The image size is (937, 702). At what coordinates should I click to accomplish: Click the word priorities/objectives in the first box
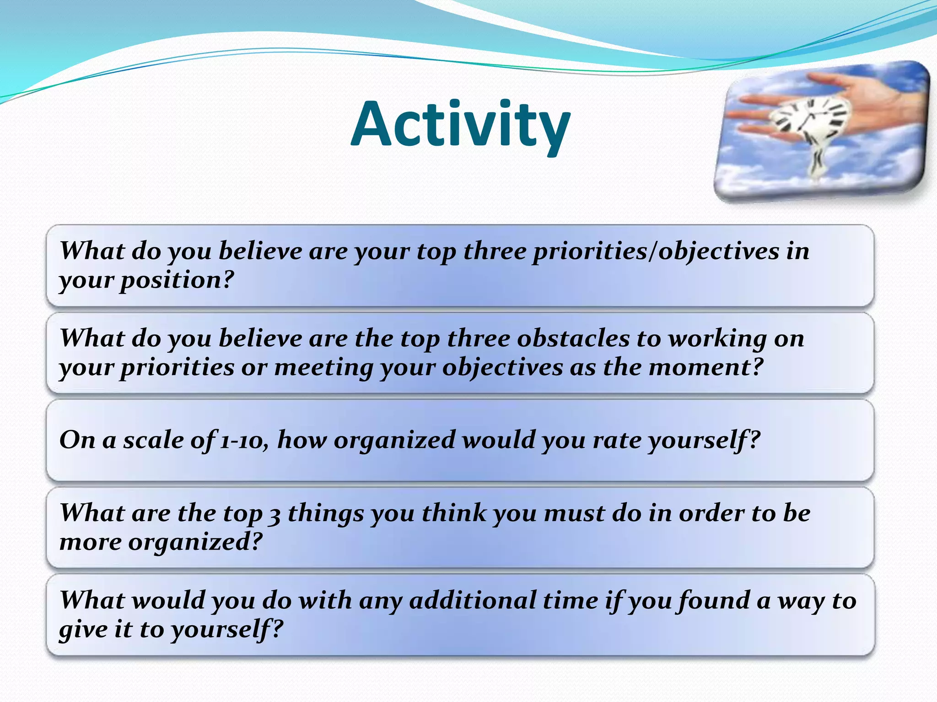tap(655, 251)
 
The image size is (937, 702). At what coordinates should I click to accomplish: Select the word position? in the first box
tap(177, 280)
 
